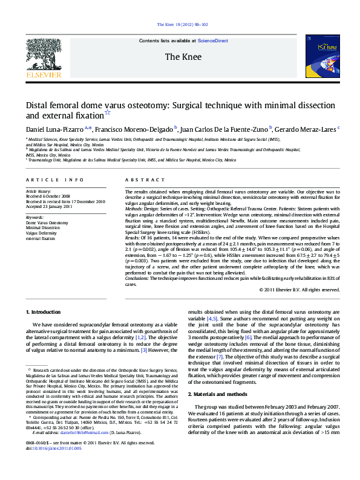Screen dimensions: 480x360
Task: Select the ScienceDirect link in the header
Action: (213, 41)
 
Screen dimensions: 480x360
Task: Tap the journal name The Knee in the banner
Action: (179, 57)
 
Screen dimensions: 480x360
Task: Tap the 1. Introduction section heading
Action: (45, 311)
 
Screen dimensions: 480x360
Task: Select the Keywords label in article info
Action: (34, 216)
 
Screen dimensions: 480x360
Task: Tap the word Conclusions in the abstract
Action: (139, 279)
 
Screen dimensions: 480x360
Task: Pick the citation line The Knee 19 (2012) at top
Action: (182, 25)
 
